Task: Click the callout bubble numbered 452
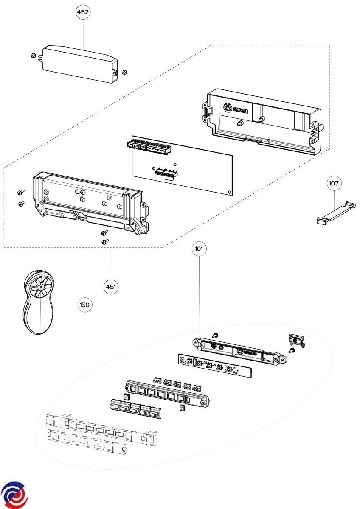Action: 83,12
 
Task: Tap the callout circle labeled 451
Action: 111,287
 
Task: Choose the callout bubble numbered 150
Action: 84,305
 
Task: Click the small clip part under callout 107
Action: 336,213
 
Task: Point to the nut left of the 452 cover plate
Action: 34,55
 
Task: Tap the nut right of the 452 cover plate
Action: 124,72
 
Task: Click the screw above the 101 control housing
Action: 215,335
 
